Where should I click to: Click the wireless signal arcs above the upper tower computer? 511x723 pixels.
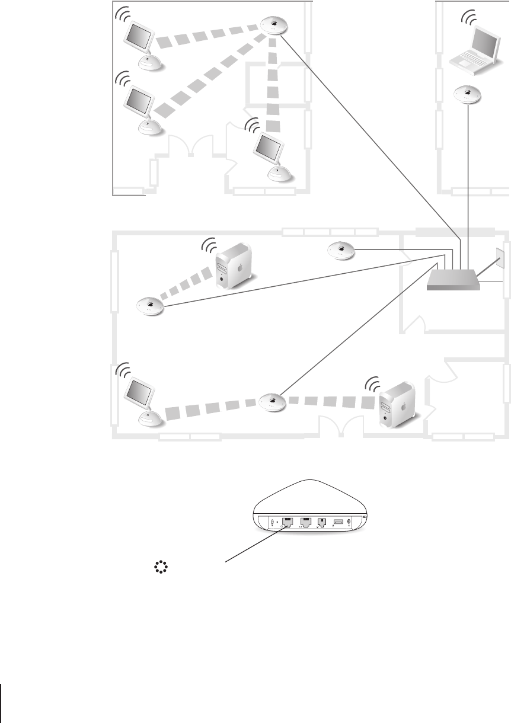click(210, 244)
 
